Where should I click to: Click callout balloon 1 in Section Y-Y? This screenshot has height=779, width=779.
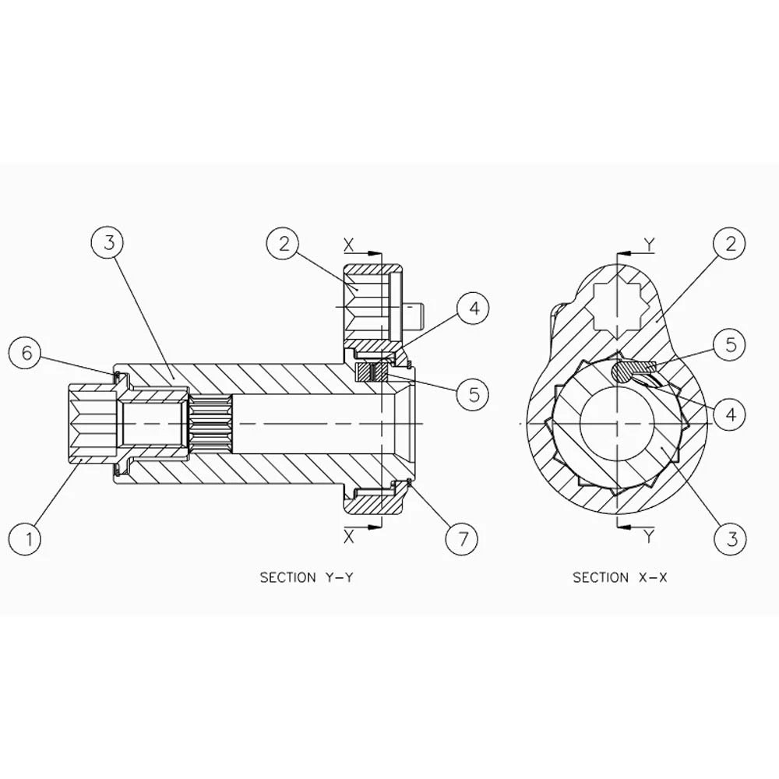27,538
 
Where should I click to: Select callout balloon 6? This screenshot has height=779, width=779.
26,353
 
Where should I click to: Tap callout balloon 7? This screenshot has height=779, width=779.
461,538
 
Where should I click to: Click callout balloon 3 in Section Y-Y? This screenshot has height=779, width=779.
109,243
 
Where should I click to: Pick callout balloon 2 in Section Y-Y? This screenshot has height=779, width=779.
284,243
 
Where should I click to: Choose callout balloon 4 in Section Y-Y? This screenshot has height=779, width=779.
473,308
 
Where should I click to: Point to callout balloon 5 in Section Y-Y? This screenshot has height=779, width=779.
473,394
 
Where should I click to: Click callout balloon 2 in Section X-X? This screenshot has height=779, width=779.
730,243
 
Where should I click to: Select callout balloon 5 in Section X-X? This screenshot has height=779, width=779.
729,344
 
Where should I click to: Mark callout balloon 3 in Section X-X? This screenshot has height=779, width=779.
731,538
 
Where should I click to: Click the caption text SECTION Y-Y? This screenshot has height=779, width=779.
306,577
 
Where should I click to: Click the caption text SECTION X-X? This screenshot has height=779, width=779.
619,577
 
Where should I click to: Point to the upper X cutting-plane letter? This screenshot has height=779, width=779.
349,245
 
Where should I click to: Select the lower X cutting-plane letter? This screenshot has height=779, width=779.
349,536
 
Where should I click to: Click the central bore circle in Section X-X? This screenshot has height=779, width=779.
617,424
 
